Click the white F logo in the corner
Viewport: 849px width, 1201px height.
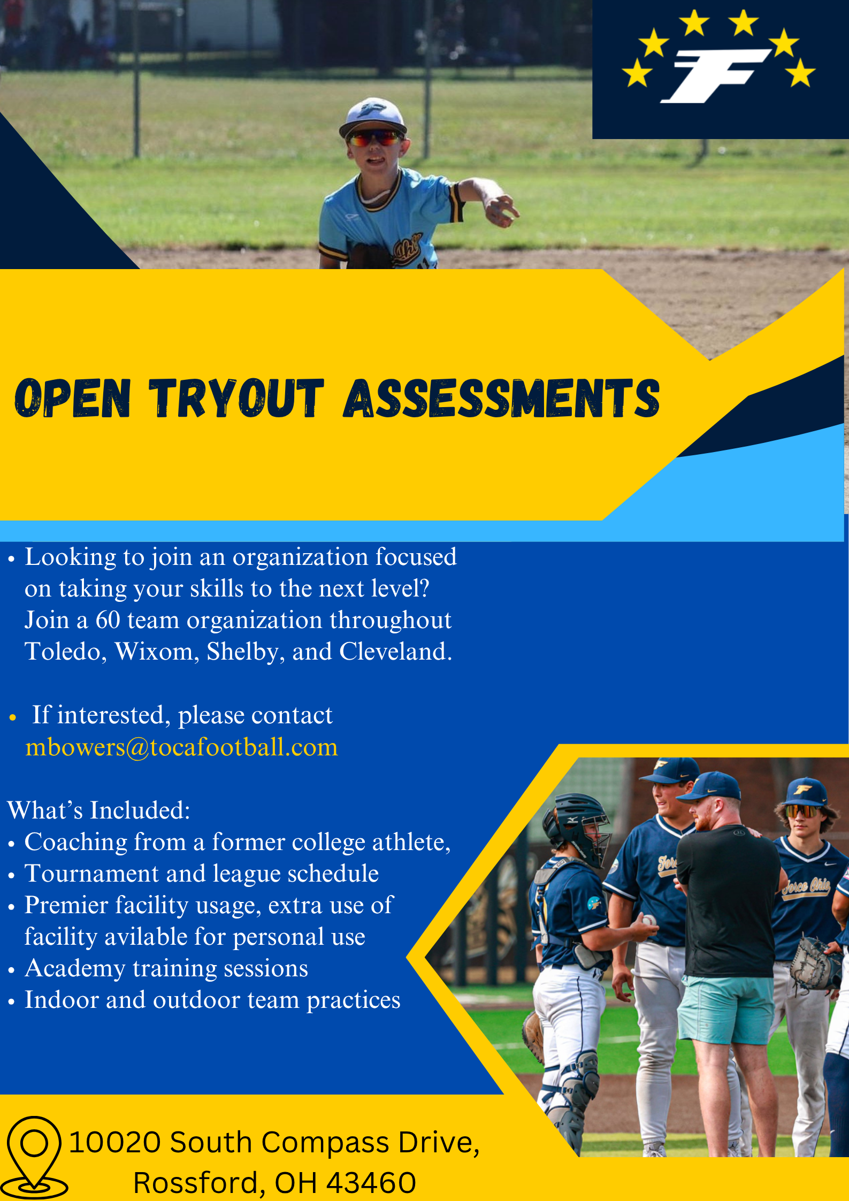(x=716, y=75)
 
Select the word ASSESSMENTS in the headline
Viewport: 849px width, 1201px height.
(x=502, y=398)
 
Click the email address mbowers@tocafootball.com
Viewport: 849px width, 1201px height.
(x=182, y=747)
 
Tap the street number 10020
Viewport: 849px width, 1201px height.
(x=115, y=1142)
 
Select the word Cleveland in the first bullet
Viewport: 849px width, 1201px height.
(x=395, y=652)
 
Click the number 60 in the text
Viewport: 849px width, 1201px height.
(x=108, y=620)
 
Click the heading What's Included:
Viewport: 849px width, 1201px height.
(x=98, y=810)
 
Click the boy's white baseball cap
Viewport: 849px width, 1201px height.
(x=373, y=117)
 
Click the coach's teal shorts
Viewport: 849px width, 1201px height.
(x=726, y=1009)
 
